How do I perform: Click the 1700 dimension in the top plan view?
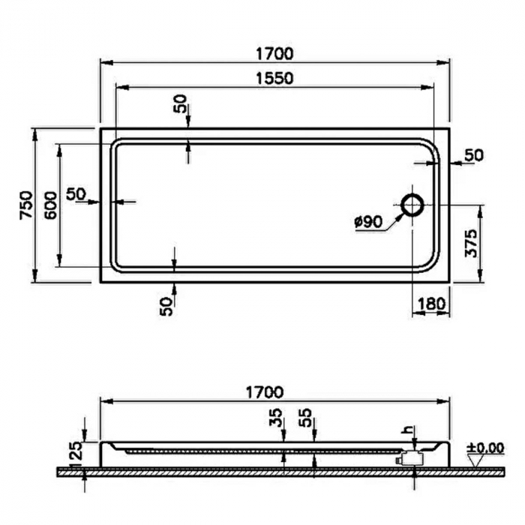pos(273,54)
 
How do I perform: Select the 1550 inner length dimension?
pos(273,77)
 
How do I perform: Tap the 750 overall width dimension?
pos(25,205)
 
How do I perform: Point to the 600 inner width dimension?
pos(50,205)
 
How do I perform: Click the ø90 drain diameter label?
pos(367,221)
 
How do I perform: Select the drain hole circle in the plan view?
pos(412,203)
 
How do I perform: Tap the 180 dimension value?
pos(433,304)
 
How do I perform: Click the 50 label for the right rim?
pos(473,155)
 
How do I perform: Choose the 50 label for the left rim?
pos(76,193)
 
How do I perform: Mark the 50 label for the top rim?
pos(181,104)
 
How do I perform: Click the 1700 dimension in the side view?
pos(263,391)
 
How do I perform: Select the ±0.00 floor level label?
pos(484,448)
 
